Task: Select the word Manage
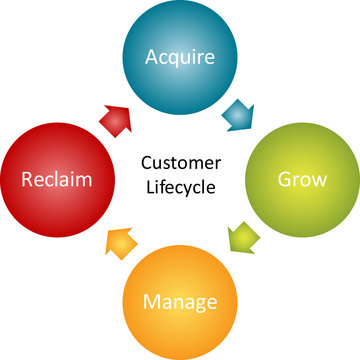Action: coord(180,300)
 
